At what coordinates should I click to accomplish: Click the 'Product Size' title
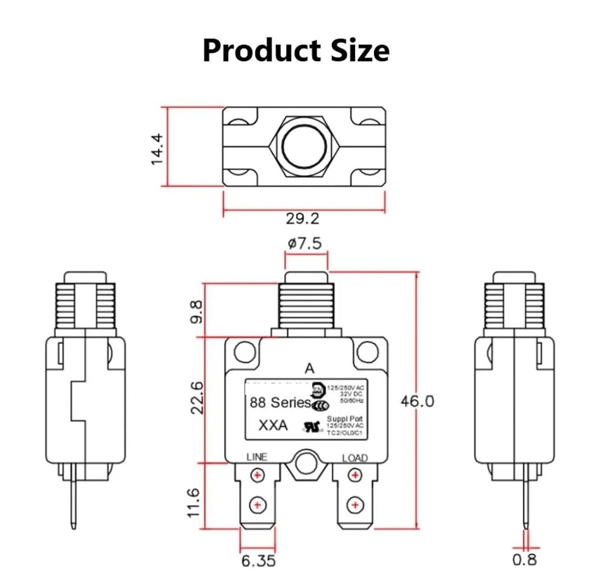296,50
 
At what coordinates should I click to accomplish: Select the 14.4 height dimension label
157,149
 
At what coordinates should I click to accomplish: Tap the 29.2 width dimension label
302,219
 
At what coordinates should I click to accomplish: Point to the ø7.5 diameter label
305,243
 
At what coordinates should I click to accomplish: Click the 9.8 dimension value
197,312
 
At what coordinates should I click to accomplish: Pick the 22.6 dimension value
197,397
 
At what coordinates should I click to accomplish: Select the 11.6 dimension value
193,502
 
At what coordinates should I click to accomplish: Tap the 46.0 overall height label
417,401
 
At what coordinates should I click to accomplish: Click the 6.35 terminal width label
258,561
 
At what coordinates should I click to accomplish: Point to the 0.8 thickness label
524,559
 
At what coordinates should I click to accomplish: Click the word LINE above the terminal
256,457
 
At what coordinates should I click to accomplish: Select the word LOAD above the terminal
355,458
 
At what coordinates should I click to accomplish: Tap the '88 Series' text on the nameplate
280,402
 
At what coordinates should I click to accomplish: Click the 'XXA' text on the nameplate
273,426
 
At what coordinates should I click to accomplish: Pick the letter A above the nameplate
309,368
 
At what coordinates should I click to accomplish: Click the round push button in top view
304,146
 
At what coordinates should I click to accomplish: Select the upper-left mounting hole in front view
244,352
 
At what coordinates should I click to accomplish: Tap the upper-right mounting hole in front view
367,352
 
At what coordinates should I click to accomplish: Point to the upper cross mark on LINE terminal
258,475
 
